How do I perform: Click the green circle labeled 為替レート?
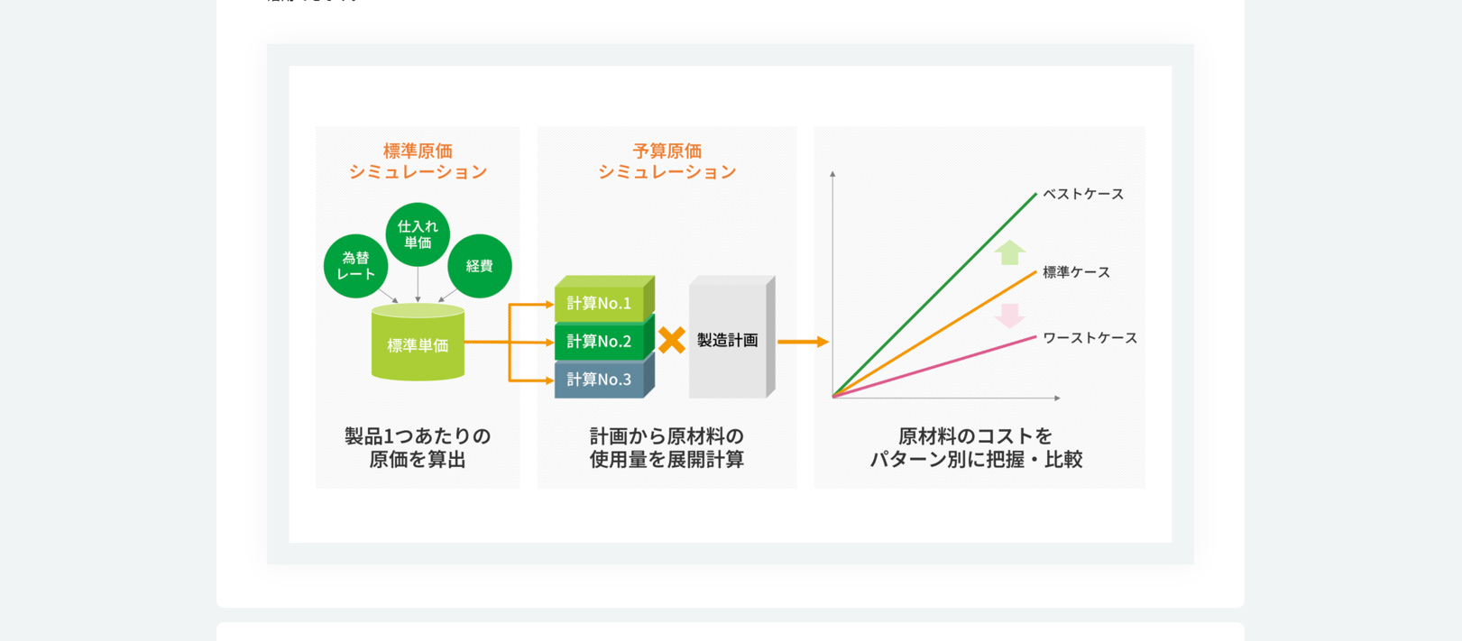[355, 266]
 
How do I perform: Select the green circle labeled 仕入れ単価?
[418, 234]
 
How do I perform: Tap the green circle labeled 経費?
[480, 266]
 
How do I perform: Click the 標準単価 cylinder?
[418, 343]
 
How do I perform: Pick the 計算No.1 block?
[604, 299]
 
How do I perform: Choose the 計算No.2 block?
[604, 339]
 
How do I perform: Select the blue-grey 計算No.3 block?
[604, 377]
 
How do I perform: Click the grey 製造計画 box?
[731, 337]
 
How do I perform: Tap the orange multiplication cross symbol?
[672, 341]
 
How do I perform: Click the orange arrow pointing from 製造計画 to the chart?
[804, 342]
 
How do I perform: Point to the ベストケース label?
[1083, 195]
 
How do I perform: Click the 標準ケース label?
[1076, 272]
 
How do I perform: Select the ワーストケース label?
[1090, 338]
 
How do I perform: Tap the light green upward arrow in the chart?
[1010, 252]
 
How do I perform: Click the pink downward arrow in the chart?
[1010, 316]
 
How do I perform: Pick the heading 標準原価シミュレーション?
[418, 161]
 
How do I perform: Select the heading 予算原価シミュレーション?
[667, 161]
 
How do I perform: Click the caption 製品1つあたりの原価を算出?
[418, 447]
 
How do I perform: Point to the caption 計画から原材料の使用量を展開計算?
[667, 447]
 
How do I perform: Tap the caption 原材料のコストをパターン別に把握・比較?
[977, 447]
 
